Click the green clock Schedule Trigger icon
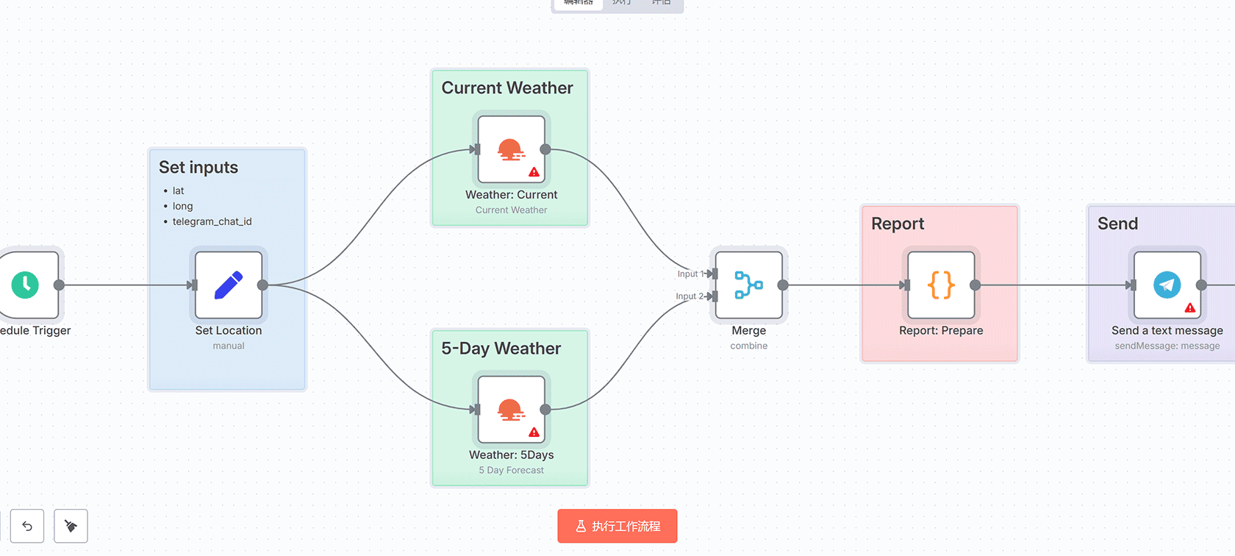[x=25, y=285]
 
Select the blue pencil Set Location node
[x=229, y=285]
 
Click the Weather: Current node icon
[x=511, y=149]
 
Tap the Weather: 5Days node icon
[x=511, y=410]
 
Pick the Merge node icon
[x=748, y=285]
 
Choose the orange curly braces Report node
[x=941, y=285]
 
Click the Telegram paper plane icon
[x=1167, y=285]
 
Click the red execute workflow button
[x=617, y=526]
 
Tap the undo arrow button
[x=27, y=526]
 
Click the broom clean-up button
[x=71, y=526]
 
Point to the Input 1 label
[x=689, y=274]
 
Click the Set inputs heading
[x=198, y=168]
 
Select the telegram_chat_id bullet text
[x=212, y=221]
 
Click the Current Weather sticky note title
[x=507, y=88]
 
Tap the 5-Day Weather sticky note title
[x=501, y=349]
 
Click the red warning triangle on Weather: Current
[x=534, y=172]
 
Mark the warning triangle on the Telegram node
[x=1189, y=308]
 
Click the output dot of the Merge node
[x=783, y=285]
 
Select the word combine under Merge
[x=748, y=346]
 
